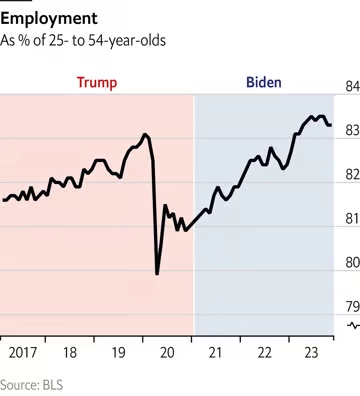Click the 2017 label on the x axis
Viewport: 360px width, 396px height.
(x=21, y=353)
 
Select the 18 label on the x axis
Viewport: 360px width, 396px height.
(x=70, y=353)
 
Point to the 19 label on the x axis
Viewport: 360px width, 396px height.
(x=119, y=353)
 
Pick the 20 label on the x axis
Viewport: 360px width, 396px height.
(x=168, y=353)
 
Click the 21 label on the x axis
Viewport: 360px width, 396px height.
(x=216, y=353)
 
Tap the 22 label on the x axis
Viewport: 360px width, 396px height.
(x=265, y=353)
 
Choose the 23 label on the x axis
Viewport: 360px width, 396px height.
(x=312, y=353)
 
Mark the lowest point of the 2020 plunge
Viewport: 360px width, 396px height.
(x=158, y=273)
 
